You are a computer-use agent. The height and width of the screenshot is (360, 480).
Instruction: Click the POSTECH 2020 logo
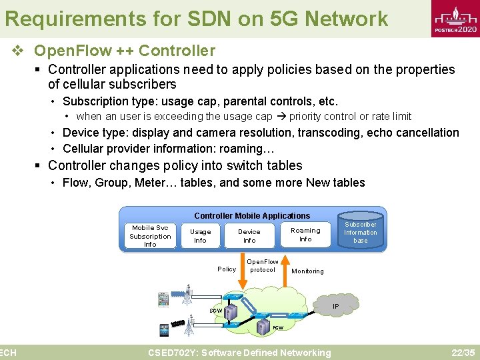point(455,20)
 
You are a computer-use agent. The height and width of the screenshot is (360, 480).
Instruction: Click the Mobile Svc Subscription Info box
point(150,236)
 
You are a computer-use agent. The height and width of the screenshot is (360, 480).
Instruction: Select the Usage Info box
point(200,236)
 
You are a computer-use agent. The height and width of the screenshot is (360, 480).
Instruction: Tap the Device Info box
point(249,236)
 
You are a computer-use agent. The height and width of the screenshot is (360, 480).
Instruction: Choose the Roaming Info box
point(305,235)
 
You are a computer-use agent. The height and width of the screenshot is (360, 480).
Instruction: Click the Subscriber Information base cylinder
point(361,231)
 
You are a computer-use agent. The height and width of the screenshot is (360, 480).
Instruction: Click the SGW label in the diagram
point(216,311)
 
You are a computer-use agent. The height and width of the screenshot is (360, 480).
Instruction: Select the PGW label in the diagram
point(278,328)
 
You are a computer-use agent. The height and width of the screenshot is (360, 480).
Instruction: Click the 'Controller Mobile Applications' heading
point(252,215)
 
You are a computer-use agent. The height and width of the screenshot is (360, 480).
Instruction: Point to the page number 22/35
point(463,352)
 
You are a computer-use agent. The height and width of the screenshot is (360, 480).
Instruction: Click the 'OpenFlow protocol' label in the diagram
point(263,266)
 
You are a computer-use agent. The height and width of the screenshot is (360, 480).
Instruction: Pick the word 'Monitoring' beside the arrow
point(308,271)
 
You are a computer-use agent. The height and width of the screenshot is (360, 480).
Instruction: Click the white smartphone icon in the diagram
point(164,299)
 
